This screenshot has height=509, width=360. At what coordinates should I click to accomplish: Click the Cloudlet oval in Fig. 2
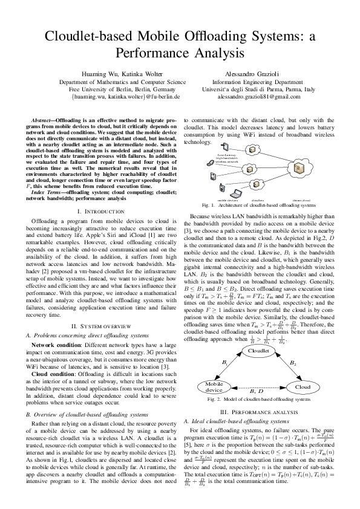click(x=259, y=351)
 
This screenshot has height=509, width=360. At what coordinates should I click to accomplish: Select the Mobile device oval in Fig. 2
click(x=215, y=386)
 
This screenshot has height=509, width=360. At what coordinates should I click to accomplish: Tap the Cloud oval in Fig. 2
click(x=303, y=386)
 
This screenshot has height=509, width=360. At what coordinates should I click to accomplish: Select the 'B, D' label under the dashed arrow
click(x=257, y=393)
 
